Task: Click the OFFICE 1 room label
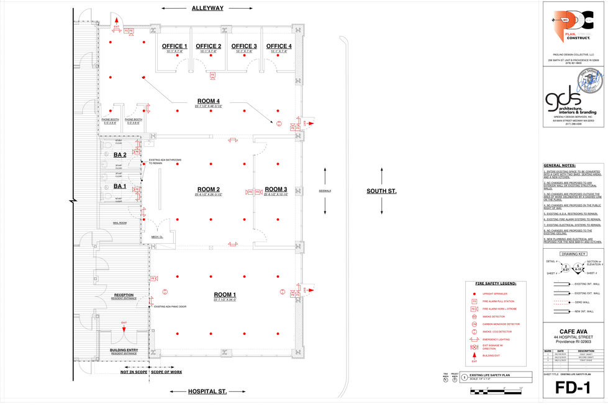pos(175,46)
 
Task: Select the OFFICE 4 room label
pos(279,46)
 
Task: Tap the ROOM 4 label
pos(209,101)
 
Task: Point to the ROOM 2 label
pos(209,189)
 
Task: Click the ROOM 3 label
pos(276,189)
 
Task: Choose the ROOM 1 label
pos(225,294)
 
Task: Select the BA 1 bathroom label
pos(120,186)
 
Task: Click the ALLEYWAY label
pos(207,8)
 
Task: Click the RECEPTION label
pos(124,295)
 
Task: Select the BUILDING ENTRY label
pos(124,350)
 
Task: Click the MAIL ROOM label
pos(119,222)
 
